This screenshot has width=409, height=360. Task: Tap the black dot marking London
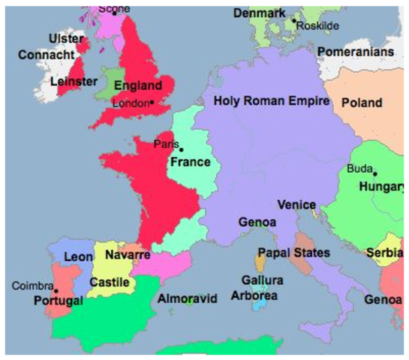point(152,102)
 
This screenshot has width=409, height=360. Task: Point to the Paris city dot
point(181,150)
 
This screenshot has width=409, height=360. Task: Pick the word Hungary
point(383,187)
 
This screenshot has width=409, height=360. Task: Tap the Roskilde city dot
point(294,20)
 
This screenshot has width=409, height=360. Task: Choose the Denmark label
point(259,13)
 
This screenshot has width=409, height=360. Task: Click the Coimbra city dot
point(56,290)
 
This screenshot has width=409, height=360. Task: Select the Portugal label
point(58,301)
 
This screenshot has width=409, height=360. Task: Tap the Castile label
point(110,282)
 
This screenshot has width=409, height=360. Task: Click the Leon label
point(78,256)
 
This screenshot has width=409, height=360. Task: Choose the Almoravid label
point(187,298)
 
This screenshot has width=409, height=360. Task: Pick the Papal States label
point(293,253)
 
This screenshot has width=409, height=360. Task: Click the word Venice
point(296,205)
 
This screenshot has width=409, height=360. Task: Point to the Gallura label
point(262,280)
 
